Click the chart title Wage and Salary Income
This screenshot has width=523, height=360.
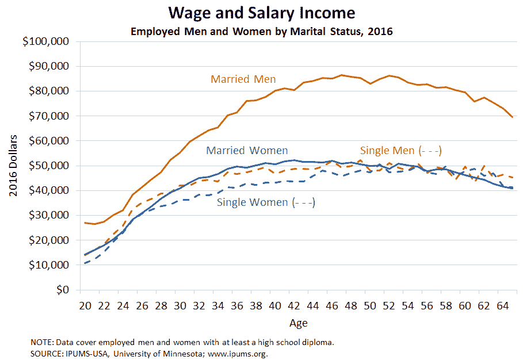(261, 13)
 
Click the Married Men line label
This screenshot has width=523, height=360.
(243, 79)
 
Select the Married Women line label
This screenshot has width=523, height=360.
(247, 151)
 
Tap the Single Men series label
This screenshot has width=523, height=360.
(400, 151)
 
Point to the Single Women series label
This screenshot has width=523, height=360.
(266, 202)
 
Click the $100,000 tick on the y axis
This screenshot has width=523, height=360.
(44, 41)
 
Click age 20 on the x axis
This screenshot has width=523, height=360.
(85, 305)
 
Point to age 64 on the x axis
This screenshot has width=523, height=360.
(502, 305)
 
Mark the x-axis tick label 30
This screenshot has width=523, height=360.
(180, 305)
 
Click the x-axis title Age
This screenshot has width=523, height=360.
(298, 323)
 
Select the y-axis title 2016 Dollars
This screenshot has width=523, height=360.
(13, 166)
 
